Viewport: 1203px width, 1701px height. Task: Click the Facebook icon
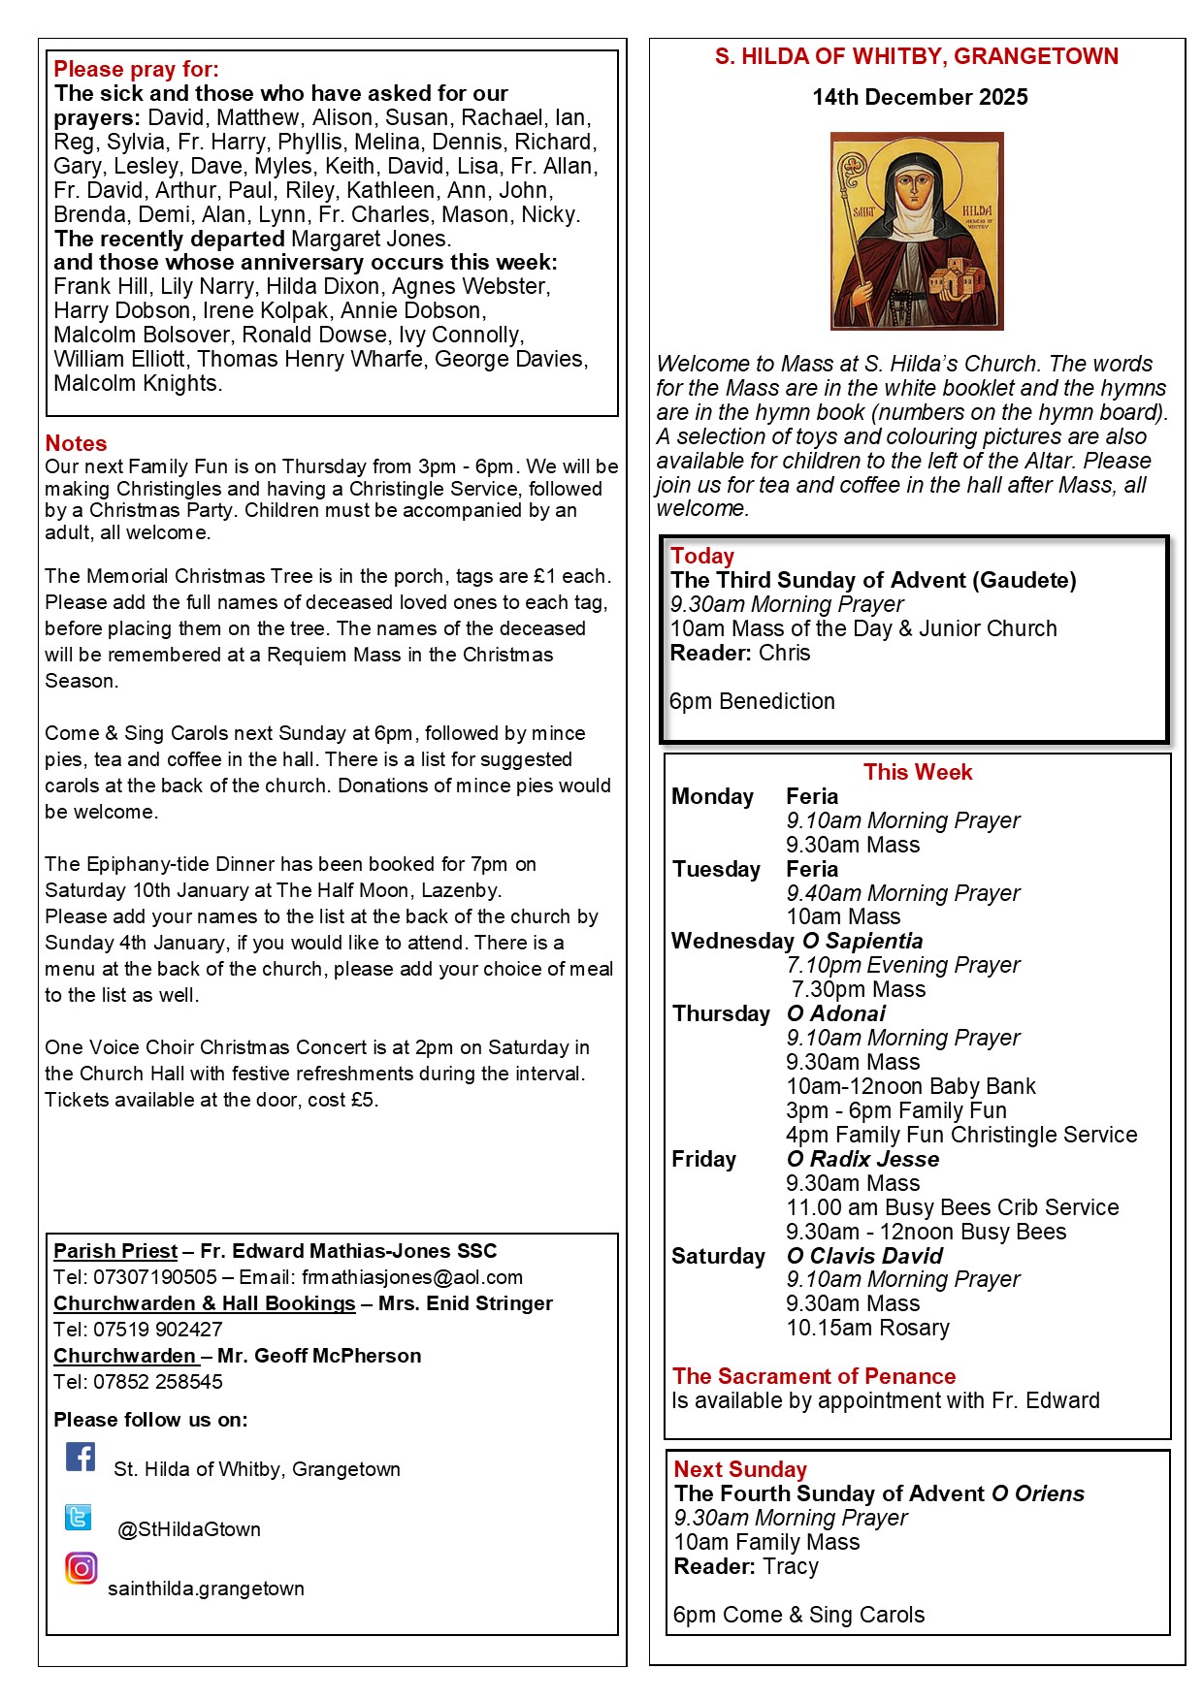(81, 1457)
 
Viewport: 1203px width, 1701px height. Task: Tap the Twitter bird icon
(79, 1517)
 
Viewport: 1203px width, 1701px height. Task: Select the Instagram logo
(81, 1568)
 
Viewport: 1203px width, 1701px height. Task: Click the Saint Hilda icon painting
(917, 232)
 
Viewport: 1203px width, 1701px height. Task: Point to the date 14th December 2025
(920, 97)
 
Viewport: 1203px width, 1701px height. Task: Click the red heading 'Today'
(702, 556)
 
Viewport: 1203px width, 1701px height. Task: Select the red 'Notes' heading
(76, 443)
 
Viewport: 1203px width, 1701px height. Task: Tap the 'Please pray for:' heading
(137, 69)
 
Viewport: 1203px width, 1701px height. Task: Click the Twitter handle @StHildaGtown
(189, 1529)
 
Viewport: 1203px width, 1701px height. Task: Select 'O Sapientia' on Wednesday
(862, 941)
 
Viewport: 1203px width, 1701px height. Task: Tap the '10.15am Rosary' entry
(867, 1328)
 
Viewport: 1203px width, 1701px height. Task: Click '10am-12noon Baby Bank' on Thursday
(911, 1086)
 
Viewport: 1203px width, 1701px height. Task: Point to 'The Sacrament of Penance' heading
(814, 1376)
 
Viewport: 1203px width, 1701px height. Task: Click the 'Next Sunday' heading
(740, 1469)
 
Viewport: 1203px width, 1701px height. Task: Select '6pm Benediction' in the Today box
(752, 701)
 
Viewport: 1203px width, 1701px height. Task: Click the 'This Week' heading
(918, 772)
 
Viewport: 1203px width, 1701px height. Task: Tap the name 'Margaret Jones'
(371, 239)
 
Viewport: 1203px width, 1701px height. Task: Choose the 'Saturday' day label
(719, 1256)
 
